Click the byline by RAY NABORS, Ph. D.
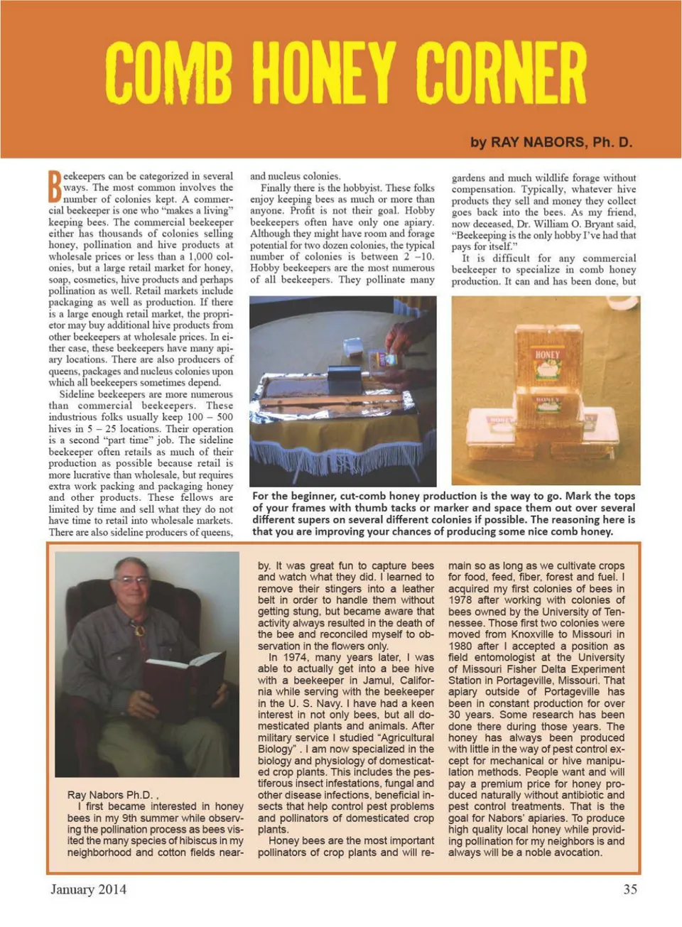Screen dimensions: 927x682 [551, 142]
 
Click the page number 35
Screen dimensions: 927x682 [629, 889]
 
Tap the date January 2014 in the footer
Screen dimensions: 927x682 [88, 889]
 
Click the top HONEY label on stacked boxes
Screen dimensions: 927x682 [547, 355]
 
